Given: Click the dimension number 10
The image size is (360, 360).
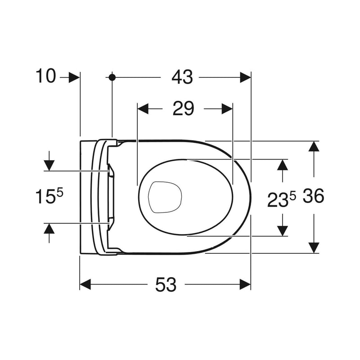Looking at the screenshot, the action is (x=46, y=76).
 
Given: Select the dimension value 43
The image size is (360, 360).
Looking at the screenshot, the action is (x=182, y=77).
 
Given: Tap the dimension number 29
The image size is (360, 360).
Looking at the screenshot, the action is (x=183, y=108).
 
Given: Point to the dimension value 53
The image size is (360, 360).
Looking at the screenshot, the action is (x=166, y=284).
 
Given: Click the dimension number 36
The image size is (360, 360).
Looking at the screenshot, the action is (x=313, y=196).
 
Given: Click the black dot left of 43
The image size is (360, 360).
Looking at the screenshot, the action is (x=112, y=77).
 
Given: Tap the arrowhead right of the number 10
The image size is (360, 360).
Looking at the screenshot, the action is (x=74, y=77).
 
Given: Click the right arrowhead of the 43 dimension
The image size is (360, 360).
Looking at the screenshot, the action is (x=245, y=77).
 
